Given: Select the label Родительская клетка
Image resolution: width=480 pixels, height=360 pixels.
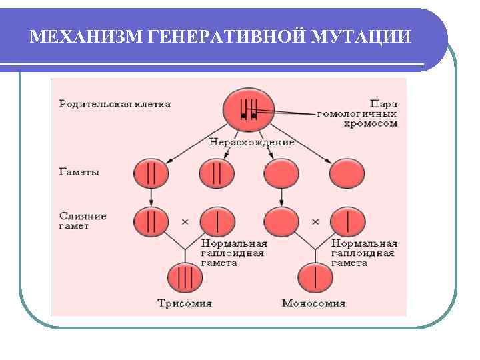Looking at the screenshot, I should [x=115, y=104].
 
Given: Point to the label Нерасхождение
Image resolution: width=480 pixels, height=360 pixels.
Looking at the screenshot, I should [x=251, y=142].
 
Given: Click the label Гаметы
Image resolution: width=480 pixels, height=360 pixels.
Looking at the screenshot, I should [x=79, y=172].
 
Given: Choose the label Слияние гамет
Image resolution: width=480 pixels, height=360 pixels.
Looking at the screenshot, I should [x=83, y=221].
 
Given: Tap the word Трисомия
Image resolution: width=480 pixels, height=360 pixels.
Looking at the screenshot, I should [x=183, y=303].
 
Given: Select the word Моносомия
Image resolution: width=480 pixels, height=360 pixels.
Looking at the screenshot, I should [x=313, y=303].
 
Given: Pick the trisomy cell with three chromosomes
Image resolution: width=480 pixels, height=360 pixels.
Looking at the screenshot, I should [x=184, y=277].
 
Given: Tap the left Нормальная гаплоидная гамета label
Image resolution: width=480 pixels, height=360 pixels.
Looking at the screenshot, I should [x=234, y=253].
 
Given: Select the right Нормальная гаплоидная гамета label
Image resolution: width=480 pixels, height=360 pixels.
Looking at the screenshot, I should [x=364, y=253].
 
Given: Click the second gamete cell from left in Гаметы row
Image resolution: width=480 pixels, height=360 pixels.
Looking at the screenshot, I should [x=217, y=173].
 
